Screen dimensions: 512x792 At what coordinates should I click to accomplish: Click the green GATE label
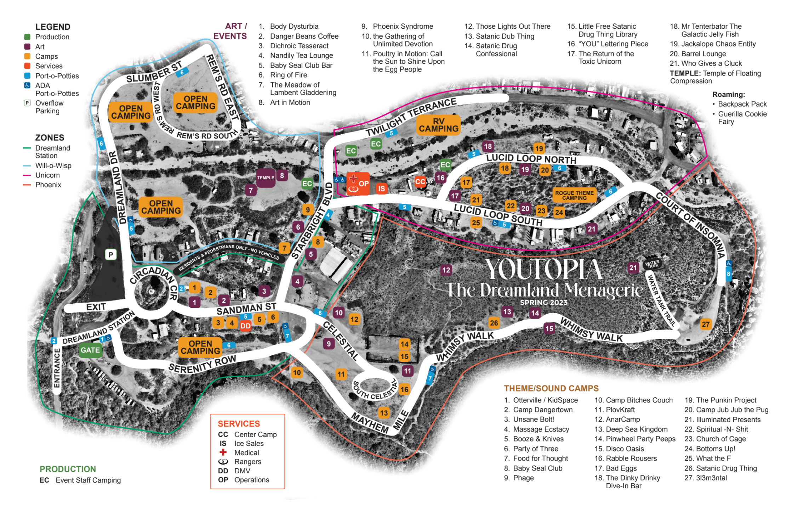90,350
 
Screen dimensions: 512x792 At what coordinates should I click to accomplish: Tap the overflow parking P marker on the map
111,254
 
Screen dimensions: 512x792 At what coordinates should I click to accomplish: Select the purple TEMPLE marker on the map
266,178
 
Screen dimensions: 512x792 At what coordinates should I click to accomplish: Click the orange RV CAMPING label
438,125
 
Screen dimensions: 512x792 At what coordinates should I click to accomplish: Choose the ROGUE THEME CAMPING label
574,195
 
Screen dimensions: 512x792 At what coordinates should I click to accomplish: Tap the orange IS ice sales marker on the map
381,189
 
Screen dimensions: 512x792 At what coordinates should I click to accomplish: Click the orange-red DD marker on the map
245,326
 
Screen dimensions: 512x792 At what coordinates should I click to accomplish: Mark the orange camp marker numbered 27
706,324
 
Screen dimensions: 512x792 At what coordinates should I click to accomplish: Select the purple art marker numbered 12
446,270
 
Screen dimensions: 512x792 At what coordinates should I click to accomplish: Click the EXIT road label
96,307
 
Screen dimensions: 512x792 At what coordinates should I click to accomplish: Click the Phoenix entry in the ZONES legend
48,185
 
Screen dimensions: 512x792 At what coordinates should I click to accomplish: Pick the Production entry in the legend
52,37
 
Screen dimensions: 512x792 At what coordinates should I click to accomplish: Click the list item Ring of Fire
288,75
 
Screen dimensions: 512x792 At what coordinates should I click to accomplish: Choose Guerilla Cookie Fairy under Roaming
742,118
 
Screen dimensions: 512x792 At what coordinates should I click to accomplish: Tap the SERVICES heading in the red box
239,424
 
